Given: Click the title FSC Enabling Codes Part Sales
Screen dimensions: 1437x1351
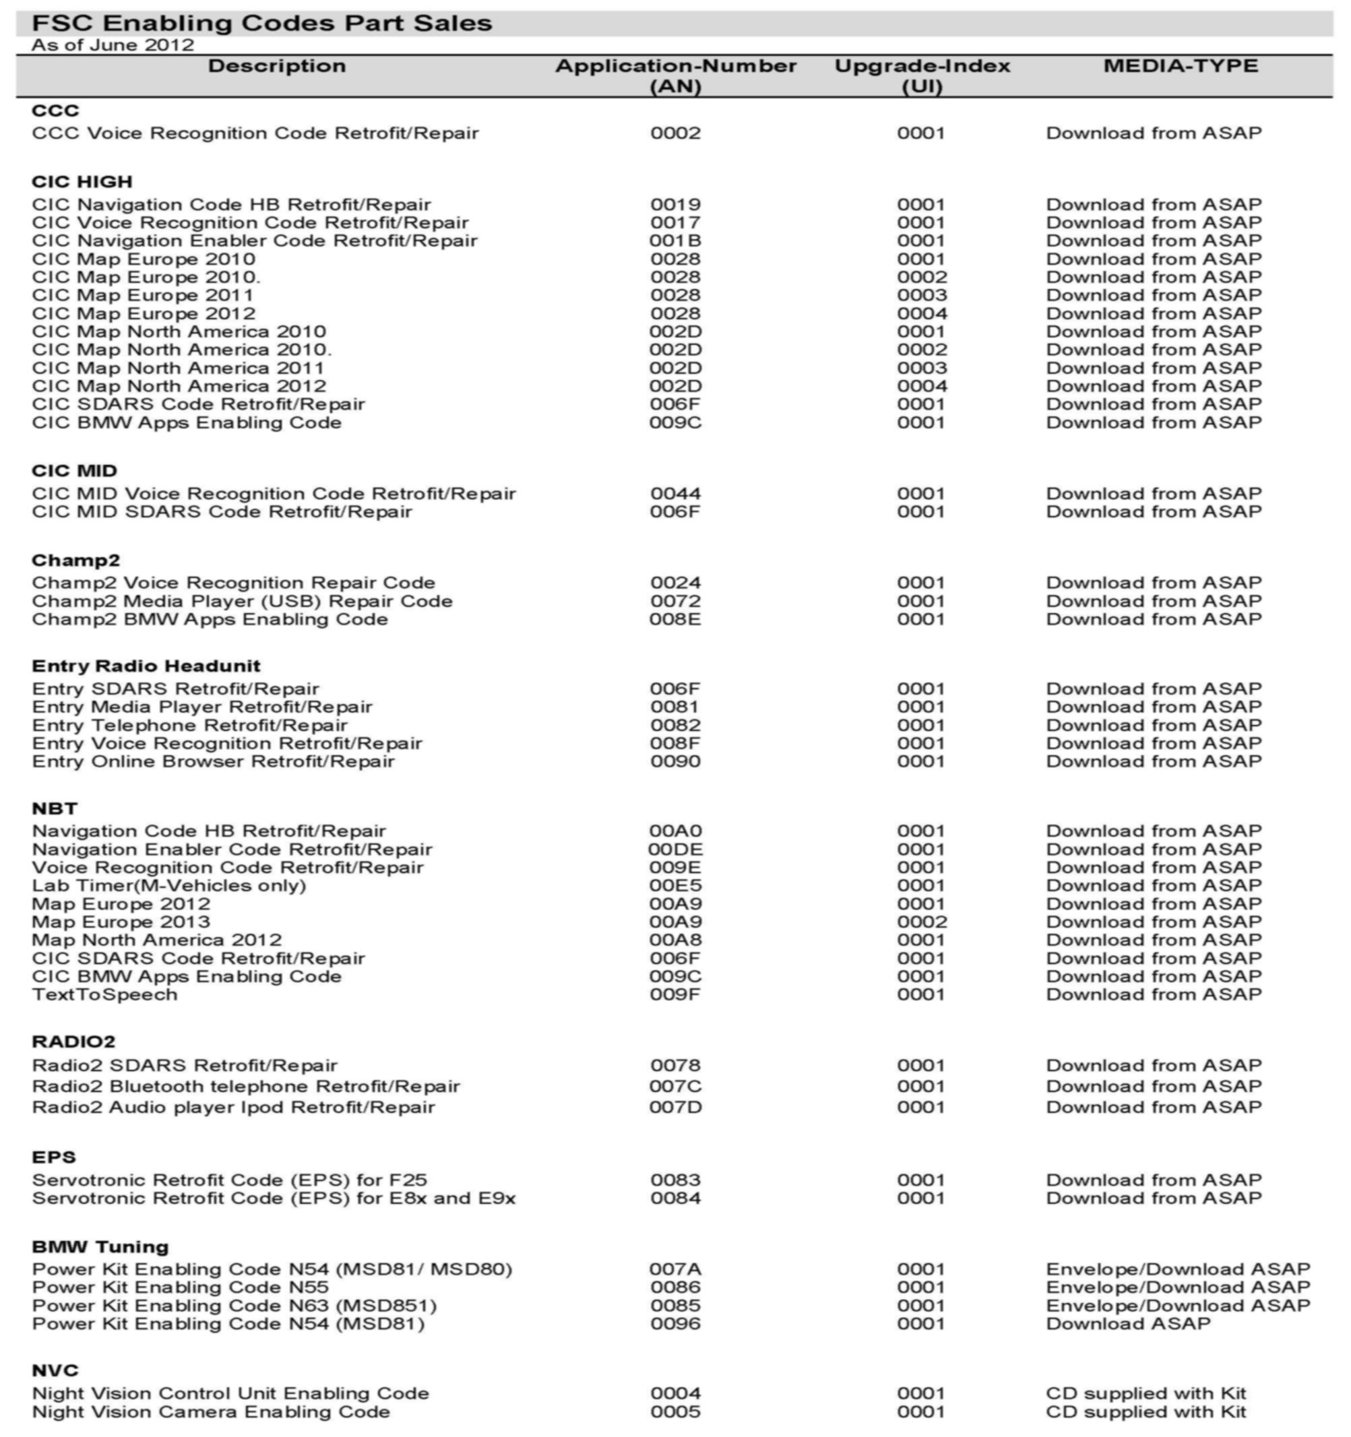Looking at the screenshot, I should pos(261,23).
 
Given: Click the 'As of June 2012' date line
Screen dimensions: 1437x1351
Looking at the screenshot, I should pos(113,45).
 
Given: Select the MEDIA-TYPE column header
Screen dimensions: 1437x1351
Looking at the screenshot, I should pos(1181,66).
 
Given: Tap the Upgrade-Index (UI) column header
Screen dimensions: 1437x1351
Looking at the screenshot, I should pos(922,76).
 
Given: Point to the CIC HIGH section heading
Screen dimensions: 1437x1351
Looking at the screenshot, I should pos(82,181).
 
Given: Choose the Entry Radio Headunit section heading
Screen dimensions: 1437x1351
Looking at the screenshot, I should pos(146,666).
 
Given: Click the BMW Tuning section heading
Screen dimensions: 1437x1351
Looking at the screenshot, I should pos(100,1247).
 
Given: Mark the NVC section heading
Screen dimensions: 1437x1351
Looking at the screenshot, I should pos(55,1370).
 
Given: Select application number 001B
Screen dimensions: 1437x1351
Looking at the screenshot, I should pos(675,241).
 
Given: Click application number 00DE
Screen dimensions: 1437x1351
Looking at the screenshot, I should pos(675,850).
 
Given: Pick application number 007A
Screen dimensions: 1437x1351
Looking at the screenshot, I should pos(675,1269).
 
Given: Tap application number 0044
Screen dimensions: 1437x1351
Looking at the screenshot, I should pos(675,494).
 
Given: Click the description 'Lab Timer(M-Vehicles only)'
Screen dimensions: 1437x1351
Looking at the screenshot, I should pos(169,885).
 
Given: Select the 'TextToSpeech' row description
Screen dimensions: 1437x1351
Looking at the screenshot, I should pos(105,994).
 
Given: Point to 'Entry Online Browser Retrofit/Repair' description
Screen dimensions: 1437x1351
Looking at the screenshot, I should pos(213,761).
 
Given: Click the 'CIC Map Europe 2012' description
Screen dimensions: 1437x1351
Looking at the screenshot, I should pos(143,314).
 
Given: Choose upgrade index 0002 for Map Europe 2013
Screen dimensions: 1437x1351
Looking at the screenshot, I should pos(922,922).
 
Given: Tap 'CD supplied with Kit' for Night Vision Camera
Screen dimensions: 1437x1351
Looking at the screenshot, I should pos(1145,1411).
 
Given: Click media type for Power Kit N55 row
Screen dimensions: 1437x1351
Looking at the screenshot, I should pos(1178,1287).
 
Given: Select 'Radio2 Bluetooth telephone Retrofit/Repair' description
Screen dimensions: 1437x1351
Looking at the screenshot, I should pos(246,1087).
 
